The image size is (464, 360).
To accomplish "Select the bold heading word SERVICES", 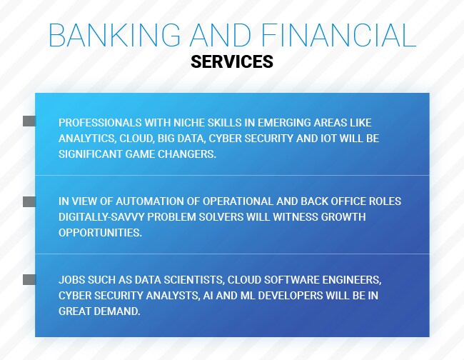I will [x=232, y=62].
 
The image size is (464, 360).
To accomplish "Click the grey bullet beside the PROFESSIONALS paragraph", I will [x=29, y=121].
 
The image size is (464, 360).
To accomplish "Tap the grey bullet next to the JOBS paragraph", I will [x=29, y=279].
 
